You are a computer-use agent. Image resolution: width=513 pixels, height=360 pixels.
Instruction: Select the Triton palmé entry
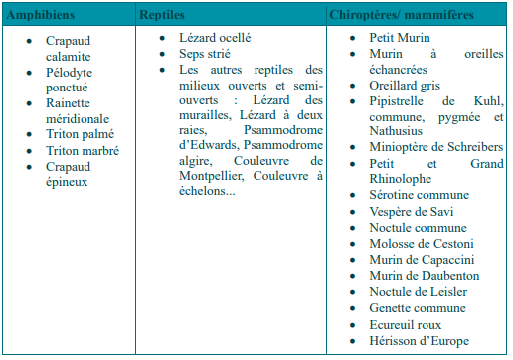pyautogui.click(x=81, y=135)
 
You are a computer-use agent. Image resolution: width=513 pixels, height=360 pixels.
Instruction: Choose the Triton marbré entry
pyautogui.click(x=83, y=151)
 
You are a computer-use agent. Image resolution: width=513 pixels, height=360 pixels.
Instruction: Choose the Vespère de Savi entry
pyautogui.click(x=399, y=212)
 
